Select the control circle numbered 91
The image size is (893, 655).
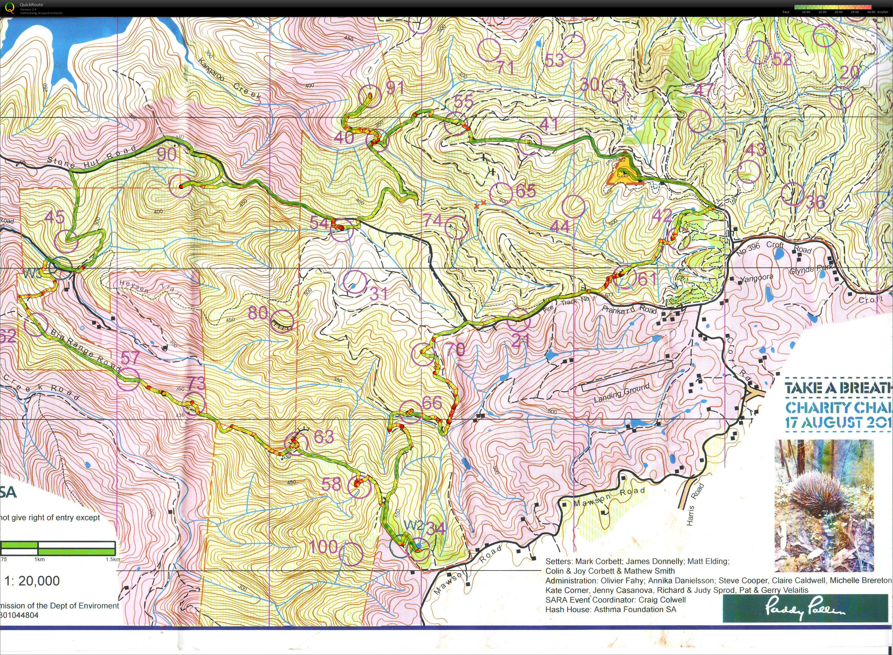point(370,96)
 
